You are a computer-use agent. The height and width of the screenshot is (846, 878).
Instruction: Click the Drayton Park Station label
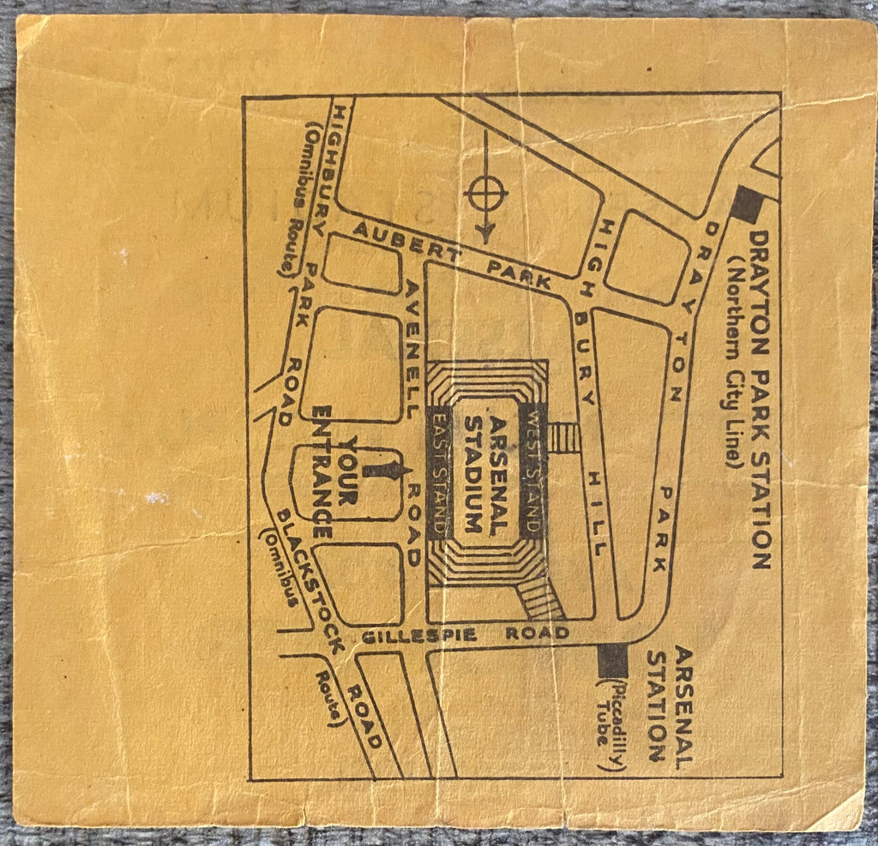[759, 398]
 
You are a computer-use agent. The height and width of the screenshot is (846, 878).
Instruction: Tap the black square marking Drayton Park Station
[748, 205]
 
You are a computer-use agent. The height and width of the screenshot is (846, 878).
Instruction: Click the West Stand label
[533, 471]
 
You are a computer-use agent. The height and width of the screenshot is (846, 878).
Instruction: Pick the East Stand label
[440, 471]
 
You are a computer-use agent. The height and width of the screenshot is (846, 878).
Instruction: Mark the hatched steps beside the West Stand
[564, 437]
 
